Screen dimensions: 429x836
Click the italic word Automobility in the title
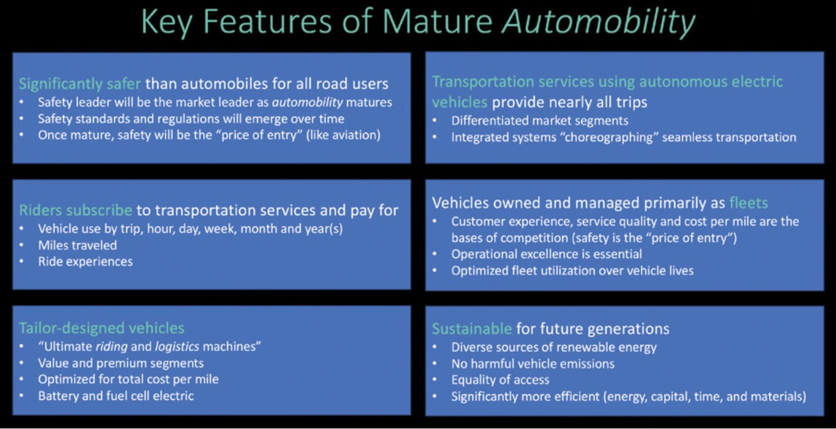coord(599,22)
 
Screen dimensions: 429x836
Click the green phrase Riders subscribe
coord(75,210)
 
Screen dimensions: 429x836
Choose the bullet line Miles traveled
coord(77,245)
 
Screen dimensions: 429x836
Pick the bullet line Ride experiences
coord(85,261)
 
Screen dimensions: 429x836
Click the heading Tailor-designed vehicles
coord(102,328)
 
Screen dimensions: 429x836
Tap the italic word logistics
coord(177,346)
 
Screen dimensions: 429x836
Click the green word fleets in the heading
coord(748,203)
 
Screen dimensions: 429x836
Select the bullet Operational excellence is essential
coord(546,254)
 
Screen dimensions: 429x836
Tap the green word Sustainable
coord(472,328)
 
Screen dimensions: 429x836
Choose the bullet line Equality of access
coord(500,380)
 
